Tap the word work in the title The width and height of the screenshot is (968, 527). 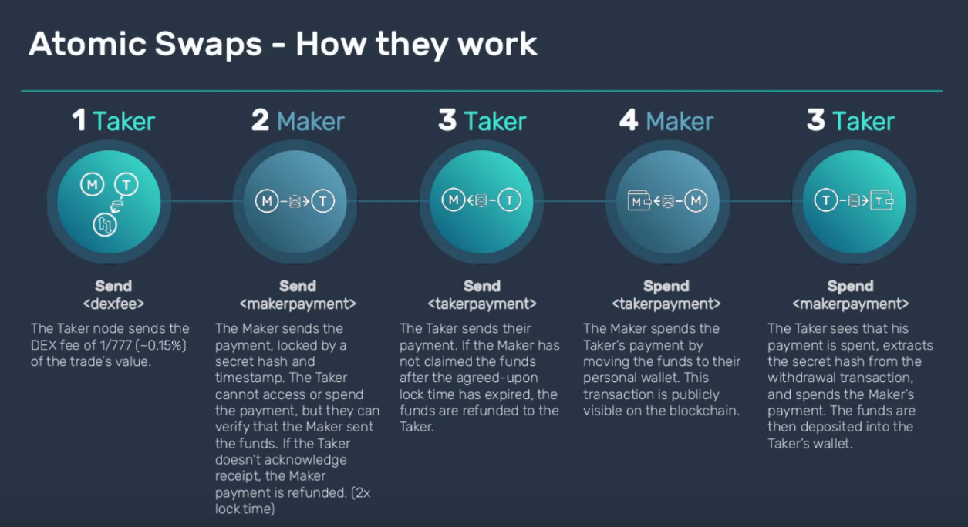click(x=496, y=45)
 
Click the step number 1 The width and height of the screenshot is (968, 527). click(x=79, y=121)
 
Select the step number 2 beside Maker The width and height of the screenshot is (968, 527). click(x=260, y=121)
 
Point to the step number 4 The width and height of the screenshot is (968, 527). click(x=629, y=121)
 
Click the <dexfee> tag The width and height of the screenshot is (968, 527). click(x=113, y=304)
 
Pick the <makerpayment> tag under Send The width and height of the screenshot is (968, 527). click(x=298, y=304)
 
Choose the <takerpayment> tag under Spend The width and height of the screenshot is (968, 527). click(x=666, y=304)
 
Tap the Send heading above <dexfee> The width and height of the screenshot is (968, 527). click(x=113, y=287)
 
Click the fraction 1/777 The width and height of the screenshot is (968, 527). click(x=119, y=345)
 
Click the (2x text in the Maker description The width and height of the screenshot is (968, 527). click(x=360, y=492)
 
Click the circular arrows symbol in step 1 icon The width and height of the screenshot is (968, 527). click(x=103, y=224)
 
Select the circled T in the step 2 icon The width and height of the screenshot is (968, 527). click(x=323, y=201)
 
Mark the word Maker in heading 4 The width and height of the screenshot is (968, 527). click(x=680, y=121)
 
